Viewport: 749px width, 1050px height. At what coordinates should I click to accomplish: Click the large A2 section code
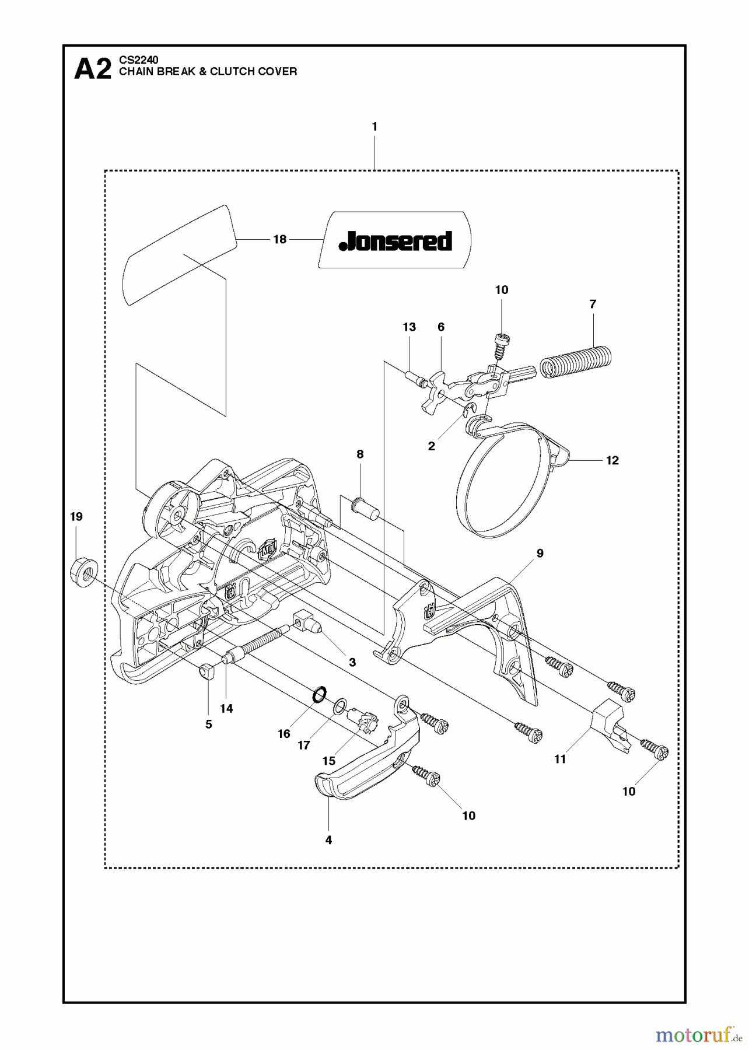(x=93, y=70)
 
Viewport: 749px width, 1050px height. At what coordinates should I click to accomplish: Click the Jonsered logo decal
(x=395, y=240)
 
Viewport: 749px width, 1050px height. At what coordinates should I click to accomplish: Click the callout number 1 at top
(x=374, y=127)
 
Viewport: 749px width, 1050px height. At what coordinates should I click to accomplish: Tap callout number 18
(x=280, y=239)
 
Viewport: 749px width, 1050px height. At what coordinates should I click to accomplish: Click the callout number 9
(x=540, y=553)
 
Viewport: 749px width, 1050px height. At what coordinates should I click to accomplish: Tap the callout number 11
(x=560, y=759)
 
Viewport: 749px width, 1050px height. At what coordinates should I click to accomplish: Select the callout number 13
(x=409, y=327)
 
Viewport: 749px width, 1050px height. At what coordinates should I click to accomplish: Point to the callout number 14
(x=226, y=708)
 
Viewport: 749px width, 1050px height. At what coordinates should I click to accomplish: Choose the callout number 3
(x=352, y=663)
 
